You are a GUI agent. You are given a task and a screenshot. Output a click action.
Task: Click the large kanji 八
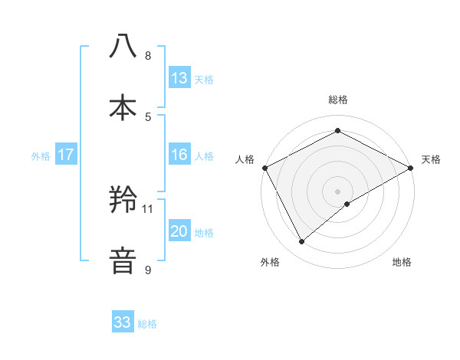pyautogui.click(x=123, y=47)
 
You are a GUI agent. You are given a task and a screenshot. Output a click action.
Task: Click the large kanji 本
pyautogui.click(x=123, y=108)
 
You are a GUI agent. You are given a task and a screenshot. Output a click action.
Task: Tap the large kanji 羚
pyautogui.click(x=123, y=200)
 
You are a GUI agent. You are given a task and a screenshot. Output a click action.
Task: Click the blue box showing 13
pyautogui.click(x=179, y=78)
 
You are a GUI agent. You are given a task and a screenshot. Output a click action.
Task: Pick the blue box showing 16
pyautogui.click(x=179, y=155)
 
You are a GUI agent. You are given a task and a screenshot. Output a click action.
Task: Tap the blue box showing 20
pyautogui.click(x=179, y=231)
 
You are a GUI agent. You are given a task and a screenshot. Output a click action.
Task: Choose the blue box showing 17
pyautogui.click(x=66, y=155)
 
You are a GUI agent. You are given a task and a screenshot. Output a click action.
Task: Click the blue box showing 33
pyautogui.click(x=123, y=322)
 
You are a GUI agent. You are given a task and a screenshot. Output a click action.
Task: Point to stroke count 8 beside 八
pyautogui.click(x=148, y=56)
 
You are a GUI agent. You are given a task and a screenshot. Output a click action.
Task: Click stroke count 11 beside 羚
pyautogui.click(x=148, y=208)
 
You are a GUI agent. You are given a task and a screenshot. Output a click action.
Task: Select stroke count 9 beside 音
pyautogui.click(x=148, y=270)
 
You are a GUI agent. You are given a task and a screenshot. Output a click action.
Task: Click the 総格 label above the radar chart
pyautogui.click(x=338, y=100)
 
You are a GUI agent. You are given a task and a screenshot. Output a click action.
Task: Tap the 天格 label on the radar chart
pyautogui.click(x=432, y=159)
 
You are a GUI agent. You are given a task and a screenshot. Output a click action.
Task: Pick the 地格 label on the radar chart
pyautogui.click(x=402, y=263)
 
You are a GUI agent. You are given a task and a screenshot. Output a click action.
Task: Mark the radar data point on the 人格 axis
pyautogui.click(x=264, y=168)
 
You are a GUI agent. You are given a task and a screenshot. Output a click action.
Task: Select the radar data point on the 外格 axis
pyautogui.click(x=302, y=242)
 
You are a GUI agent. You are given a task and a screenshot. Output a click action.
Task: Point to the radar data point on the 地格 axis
pyautogui.click(x=347, y=204)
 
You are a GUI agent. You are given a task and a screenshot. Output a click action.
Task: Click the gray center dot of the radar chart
pyautogui.click(x=338, y=191)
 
